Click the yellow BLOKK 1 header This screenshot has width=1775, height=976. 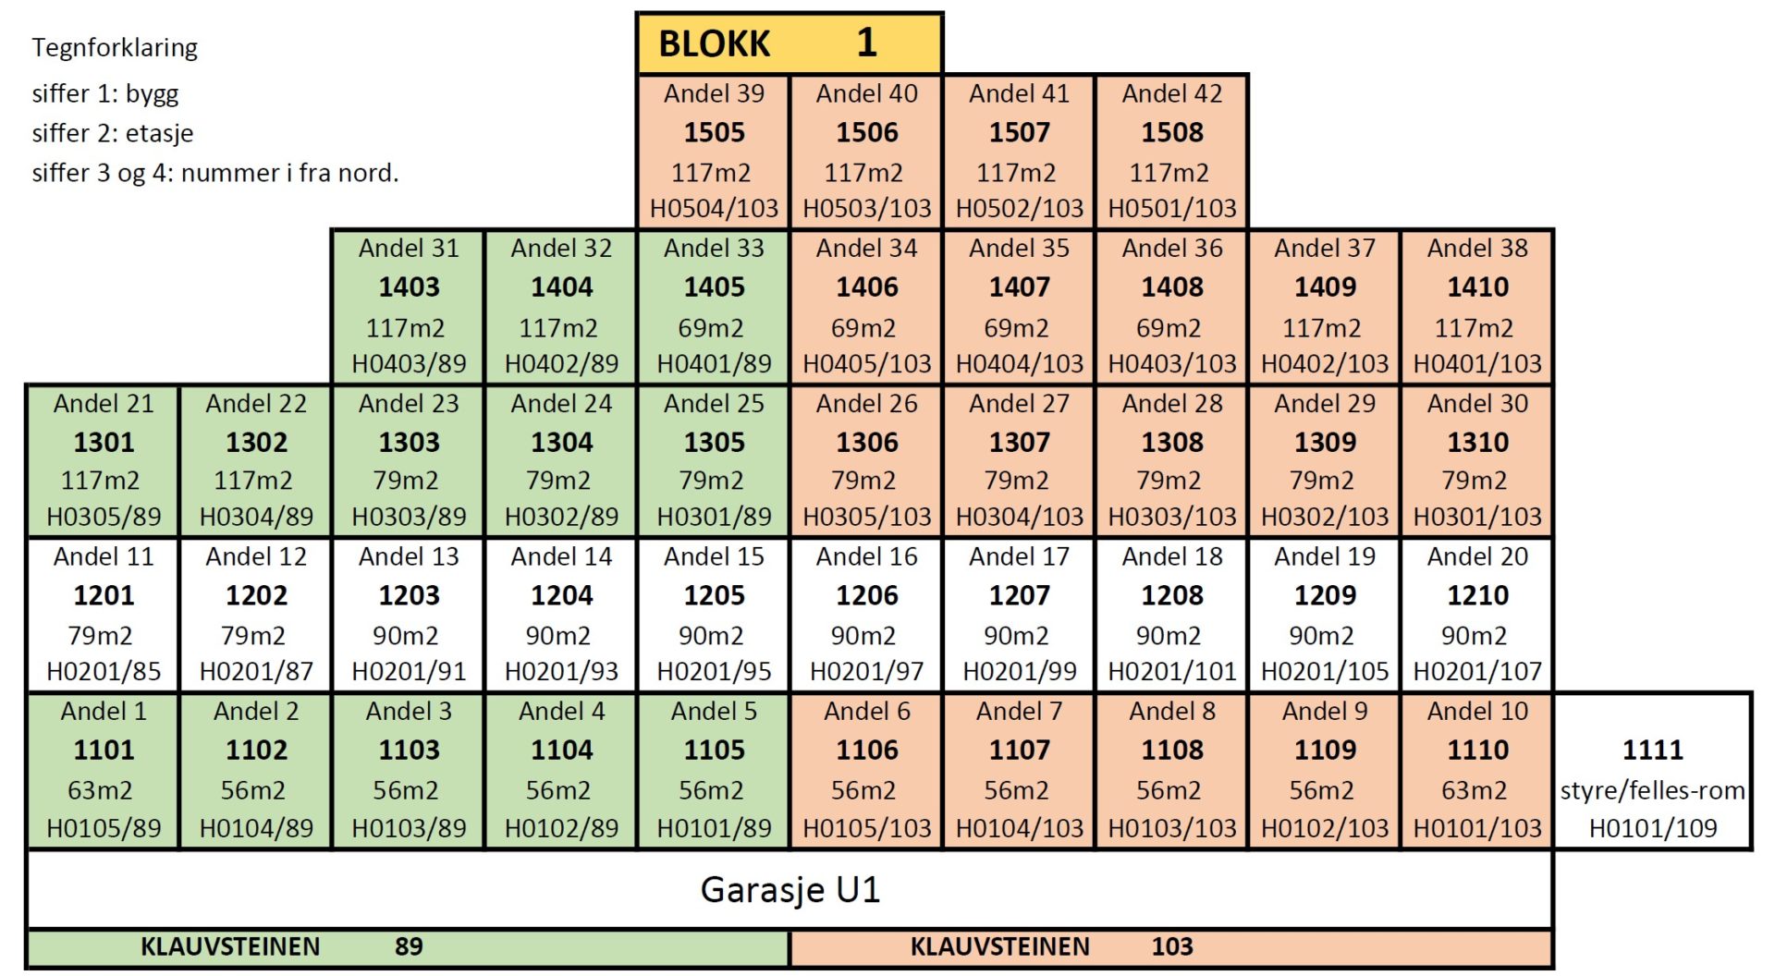click(x=789, y=43)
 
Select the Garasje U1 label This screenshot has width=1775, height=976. click(x=790, y=889)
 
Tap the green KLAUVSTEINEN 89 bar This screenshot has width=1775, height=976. click(x=407, y=947)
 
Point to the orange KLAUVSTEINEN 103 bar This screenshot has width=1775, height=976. click(x=1170, y=947)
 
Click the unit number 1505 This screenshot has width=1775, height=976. click(x=714, y=132)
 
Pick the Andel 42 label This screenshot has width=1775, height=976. click(x=1171, y=93)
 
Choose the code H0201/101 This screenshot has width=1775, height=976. click(x=1171, y=671)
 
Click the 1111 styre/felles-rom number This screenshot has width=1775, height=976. click(x=1652, y=750)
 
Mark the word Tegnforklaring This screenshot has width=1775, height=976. click(x=115, y=47)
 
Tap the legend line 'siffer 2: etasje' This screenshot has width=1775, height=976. click(x=113, y=133)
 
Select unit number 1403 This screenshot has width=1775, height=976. click(x=409, y=287)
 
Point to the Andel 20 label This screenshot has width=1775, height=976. click(x=1476, y=556)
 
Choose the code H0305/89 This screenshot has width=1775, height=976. click(x=104, y=517)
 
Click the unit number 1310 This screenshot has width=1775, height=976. click(x=1476, y=442)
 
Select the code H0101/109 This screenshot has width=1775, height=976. click(x=1652, y=828)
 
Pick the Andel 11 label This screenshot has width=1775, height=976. click(x=104, y=556)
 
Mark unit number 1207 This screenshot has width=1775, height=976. click(x=1019, y=595)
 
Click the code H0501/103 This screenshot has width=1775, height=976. click(x=1171, y=209)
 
